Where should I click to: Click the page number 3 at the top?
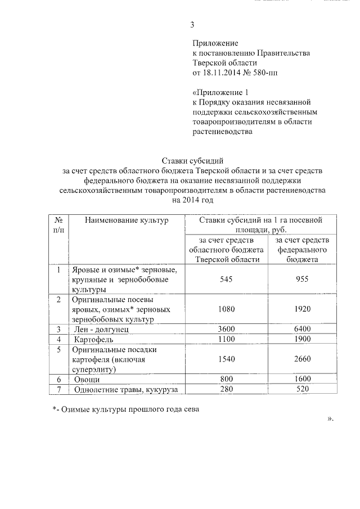pos(192,24)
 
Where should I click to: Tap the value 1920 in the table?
pos(301,309)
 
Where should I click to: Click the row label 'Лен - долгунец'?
pos(102,329)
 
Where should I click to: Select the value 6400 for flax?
pos(301,329)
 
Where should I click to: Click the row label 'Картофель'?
pos(94,340)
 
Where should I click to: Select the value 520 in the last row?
pos(301,389)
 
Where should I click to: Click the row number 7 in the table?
pos(58,389)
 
